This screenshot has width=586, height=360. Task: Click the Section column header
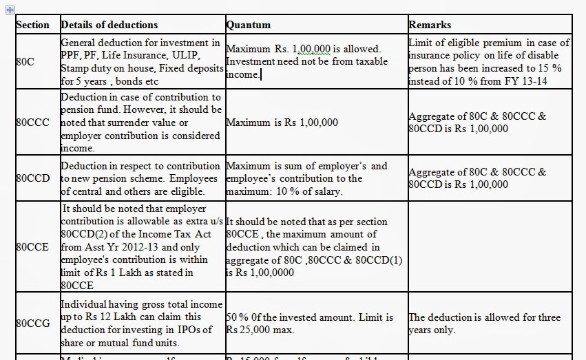[x=32, y=25]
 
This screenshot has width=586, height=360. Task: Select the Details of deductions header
[x=109, y=25]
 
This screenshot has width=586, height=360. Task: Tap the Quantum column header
[x=249, y=25]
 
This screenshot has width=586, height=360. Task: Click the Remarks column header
[x=430, y=25]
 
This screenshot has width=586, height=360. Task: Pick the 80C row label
[x=25, y=62]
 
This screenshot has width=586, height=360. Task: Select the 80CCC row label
[x=32, y=123]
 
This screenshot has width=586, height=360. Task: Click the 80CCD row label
[x=32, y=178]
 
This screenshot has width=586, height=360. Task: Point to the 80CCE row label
[x=32, y=246]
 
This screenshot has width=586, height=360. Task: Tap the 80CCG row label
[x=32, y=323]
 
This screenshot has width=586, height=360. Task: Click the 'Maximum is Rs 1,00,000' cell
[x=282, y=123]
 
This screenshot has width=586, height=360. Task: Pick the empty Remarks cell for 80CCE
[x=488, y=246]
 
